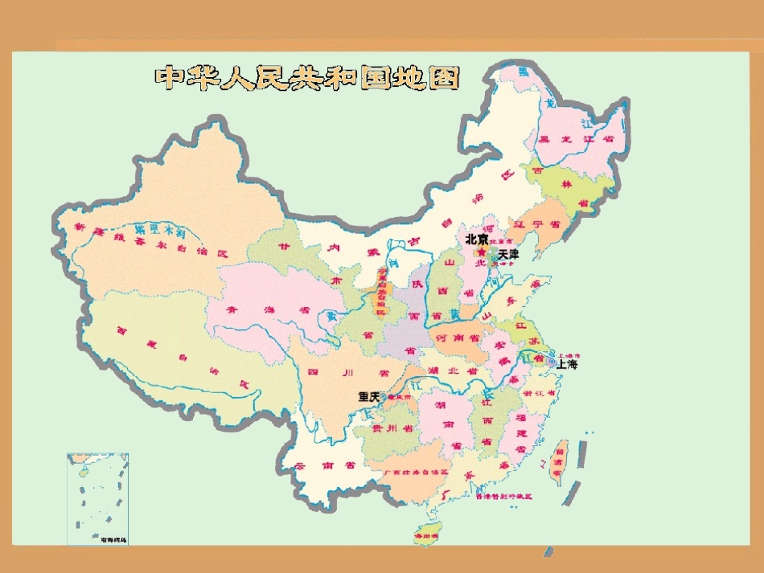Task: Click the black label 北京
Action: [477, 239]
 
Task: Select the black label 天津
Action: [509, 254]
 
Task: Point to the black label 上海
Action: [566, 364]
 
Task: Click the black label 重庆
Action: [369, 397]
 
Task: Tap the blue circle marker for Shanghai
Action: [552, 363]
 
